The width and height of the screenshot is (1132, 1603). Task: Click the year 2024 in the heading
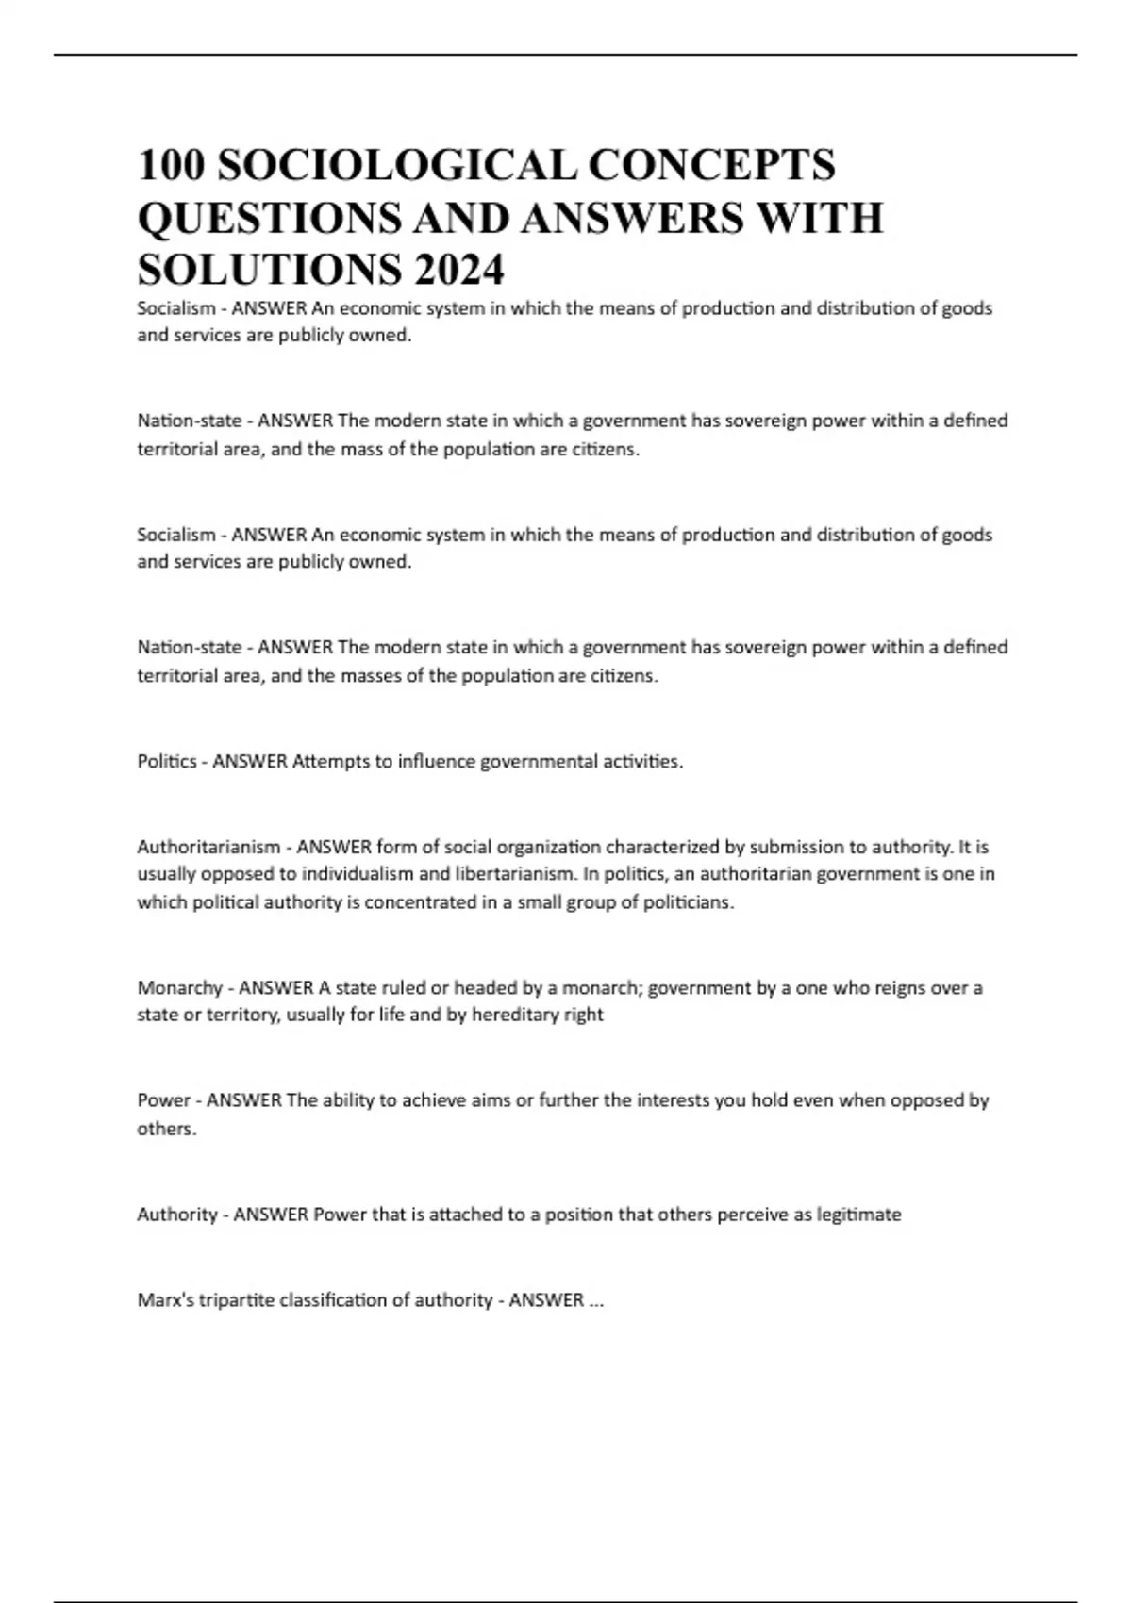pyautogui.click(x=458, y=271)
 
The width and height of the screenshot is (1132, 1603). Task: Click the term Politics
pyautogui.click(x=167, y=761)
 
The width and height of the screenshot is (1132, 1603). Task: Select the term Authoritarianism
pyautogui.click(x=208, y=846)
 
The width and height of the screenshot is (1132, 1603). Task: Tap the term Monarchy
pyautogui.click(x=179, y=987)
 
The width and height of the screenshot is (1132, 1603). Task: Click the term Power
pyautogui.click(x=164, y=1100)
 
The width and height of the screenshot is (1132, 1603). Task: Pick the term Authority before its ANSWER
pyautogui.click(x=177, y=1215)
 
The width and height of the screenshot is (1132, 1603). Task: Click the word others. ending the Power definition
pyautogui.click(x=167, y=1129)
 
